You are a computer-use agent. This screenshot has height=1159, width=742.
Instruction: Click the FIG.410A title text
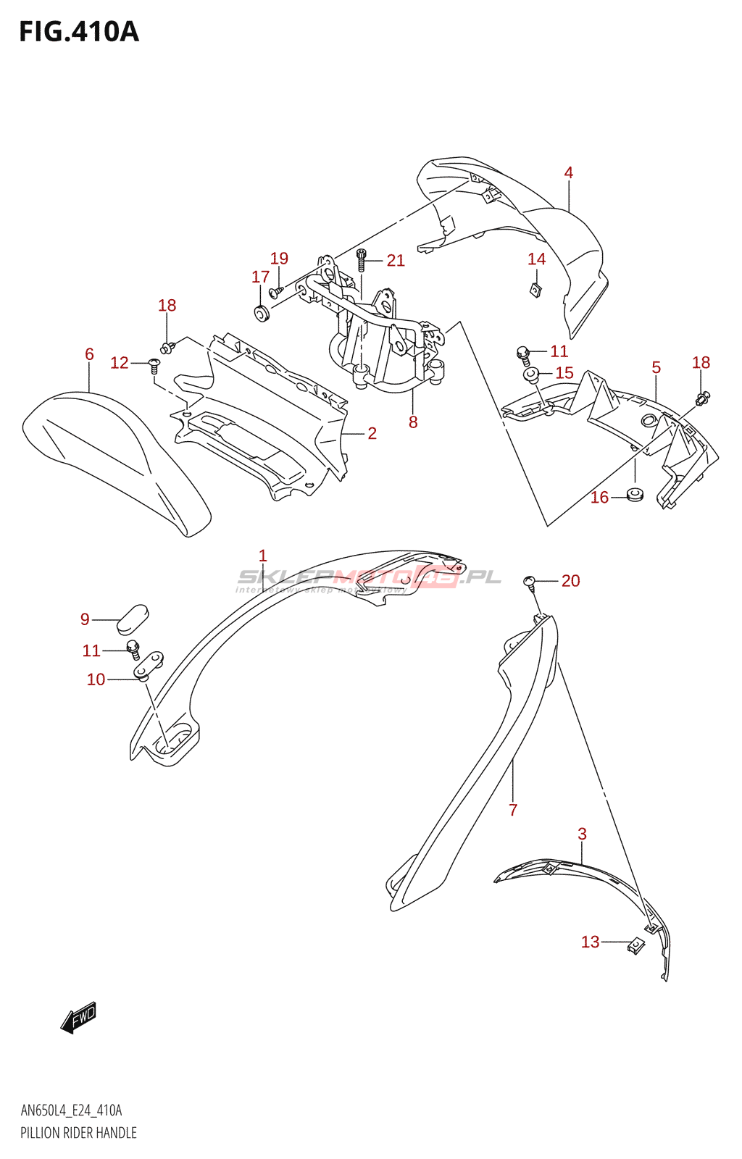[78, 32]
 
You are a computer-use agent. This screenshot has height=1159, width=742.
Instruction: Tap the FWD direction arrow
[78, 1017]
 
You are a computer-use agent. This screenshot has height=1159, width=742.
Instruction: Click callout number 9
[85, 619]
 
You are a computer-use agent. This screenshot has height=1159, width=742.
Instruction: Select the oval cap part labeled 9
[132, 618]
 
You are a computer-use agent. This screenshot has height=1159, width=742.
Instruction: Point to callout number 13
[590, 942]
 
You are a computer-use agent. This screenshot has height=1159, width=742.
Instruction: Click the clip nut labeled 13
[635, 945]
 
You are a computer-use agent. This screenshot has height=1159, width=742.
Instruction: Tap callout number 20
[570, 581]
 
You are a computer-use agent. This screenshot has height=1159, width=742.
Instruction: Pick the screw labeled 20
[530, 582]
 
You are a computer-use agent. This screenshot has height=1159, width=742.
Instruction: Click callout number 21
[395, 261]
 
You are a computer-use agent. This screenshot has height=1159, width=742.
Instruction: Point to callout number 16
[599, 498]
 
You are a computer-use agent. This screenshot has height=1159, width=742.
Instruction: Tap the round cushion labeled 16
[635, 495]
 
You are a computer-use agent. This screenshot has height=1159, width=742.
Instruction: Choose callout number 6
[89, 354]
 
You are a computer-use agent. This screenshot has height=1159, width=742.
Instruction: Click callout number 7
[513, 810]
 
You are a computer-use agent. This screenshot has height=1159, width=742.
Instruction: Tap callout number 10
[96, 679]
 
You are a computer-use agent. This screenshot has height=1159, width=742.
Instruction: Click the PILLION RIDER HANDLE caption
[78, 1133]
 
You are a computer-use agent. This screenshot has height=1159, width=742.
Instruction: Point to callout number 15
[564, 373]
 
